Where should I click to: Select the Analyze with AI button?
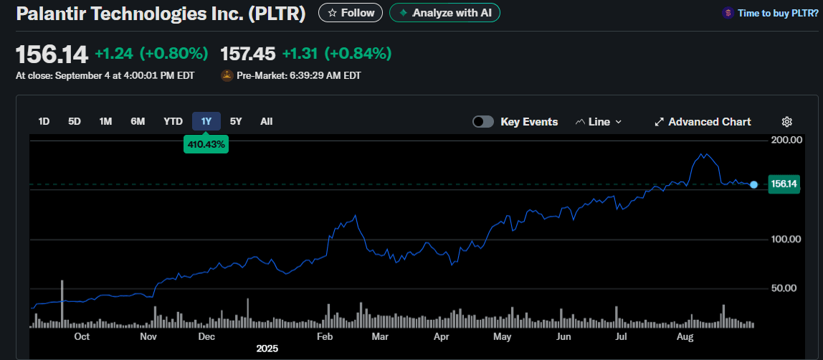tap(444, 13)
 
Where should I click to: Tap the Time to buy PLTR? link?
tap(769, 13)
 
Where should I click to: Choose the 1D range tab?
tap(44, 122)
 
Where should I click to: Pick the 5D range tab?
tap(75, 122)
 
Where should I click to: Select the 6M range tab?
tap(138, 122)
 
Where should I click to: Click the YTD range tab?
tap(173, 122)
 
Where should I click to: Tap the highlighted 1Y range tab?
tap(206, 122)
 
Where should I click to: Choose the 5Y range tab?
tap(236, 122)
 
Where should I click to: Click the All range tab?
tap(267, 122)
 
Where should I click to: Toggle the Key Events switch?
tap(483, 122)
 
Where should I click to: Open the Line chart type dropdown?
tap(599, 122)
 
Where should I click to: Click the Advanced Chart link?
tap(703, 122)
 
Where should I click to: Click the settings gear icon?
tap(786, 122)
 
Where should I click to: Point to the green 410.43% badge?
tap(206, 144)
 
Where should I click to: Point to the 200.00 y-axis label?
tap(785, 140)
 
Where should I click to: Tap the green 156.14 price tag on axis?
tap(784, 184)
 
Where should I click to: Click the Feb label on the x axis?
tap(325, 336)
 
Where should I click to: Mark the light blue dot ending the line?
tap(753, 185)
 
